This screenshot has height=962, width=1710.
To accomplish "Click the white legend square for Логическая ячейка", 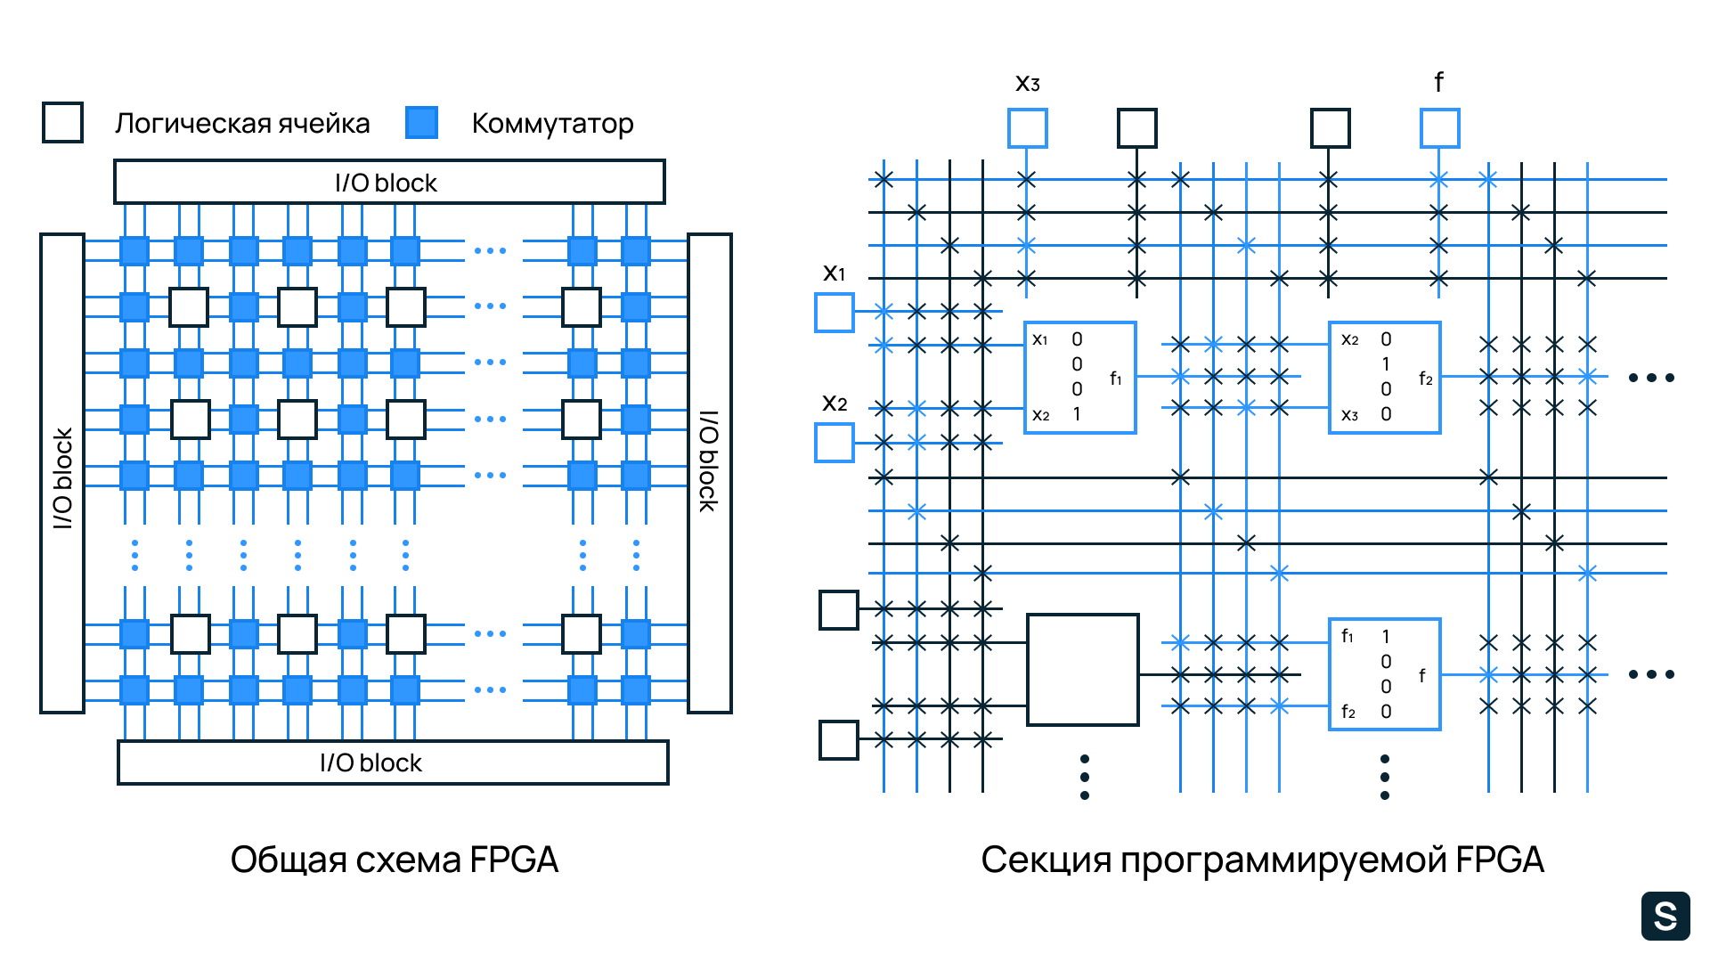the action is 62,122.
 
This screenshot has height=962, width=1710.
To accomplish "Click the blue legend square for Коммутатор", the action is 421,122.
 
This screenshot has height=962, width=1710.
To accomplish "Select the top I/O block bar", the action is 389,182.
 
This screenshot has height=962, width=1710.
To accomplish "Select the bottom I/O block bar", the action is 393,762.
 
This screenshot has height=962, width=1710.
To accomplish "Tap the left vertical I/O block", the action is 62,473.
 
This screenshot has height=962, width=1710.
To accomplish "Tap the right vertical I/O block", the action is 710,473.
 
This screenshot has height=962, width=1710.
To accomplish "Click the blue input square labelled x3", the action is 1027,128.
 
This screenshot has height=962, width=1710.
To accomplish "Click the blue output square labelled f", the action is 1439,128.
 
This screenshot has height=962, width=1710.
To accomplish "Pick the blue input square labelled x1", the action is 835,313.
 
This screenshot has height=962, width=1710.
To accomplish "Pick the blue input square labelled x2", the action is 835,443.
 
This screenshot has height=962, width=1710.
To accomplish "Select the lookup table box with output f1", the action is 1080,378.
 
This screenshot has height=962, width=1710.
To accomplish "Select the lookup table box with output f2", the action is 1385,378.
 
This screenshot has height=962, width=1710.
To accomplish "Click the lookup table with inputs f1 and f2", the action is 1385,674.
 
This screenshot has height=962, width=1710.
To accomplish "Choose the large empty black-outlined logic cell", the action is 1083,670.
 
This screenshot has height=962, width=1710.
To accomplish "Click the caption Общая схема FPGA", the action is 395,860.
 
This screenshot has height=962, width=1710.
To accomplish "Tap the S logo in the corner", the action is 1665,916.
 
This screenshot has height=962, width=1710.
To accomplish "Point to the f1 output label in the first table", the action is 1115,379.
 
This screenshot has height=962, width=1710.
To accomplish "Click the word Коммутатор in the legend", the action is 552,123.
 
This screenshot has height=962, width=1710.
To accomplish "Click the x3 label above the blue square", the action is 1027,84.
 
